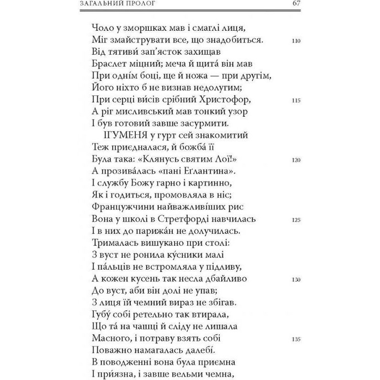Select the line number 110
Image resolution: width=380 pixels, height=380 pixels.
click(296, 40)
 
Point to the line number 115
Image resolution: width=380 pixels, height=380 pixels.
click(296, 100)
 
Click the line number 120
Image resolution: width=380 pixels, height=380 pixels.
click(296, 160)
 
